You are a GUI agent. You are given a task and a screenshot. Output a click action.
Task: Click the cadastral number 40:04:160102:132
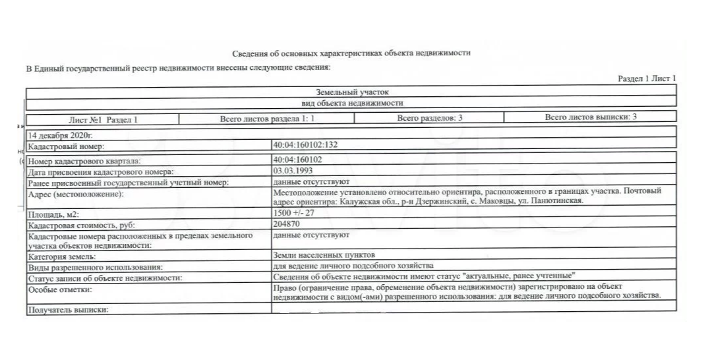click(x=305, y=144)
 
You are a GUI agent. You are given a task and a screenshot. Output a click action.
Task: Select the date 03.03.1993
click(x=292, y=170)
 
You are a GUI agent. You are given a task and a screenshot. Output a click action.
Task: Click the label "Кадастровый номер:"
click(x=66, y=146)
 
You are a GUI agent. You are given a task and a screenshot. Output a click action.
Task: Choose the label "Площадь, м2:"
click(x=51, y=215)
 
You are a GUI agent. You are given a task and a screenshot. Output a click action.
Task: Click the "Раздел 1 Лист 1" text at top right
click(x=647, y=79)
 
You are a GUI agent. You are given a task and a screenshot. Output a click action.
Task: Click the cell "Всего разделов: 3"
click(x=430, y=117)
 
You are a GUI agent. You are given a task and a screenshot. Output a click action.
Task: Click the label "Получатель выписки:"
click(x=67, y=310)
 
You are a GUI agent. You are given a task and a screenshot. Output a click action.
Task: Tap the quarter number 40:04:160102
click(x=297, y=159)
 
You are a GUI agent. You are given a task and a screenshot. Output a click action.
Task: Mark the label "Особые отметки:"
click(x=59, y=289)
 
